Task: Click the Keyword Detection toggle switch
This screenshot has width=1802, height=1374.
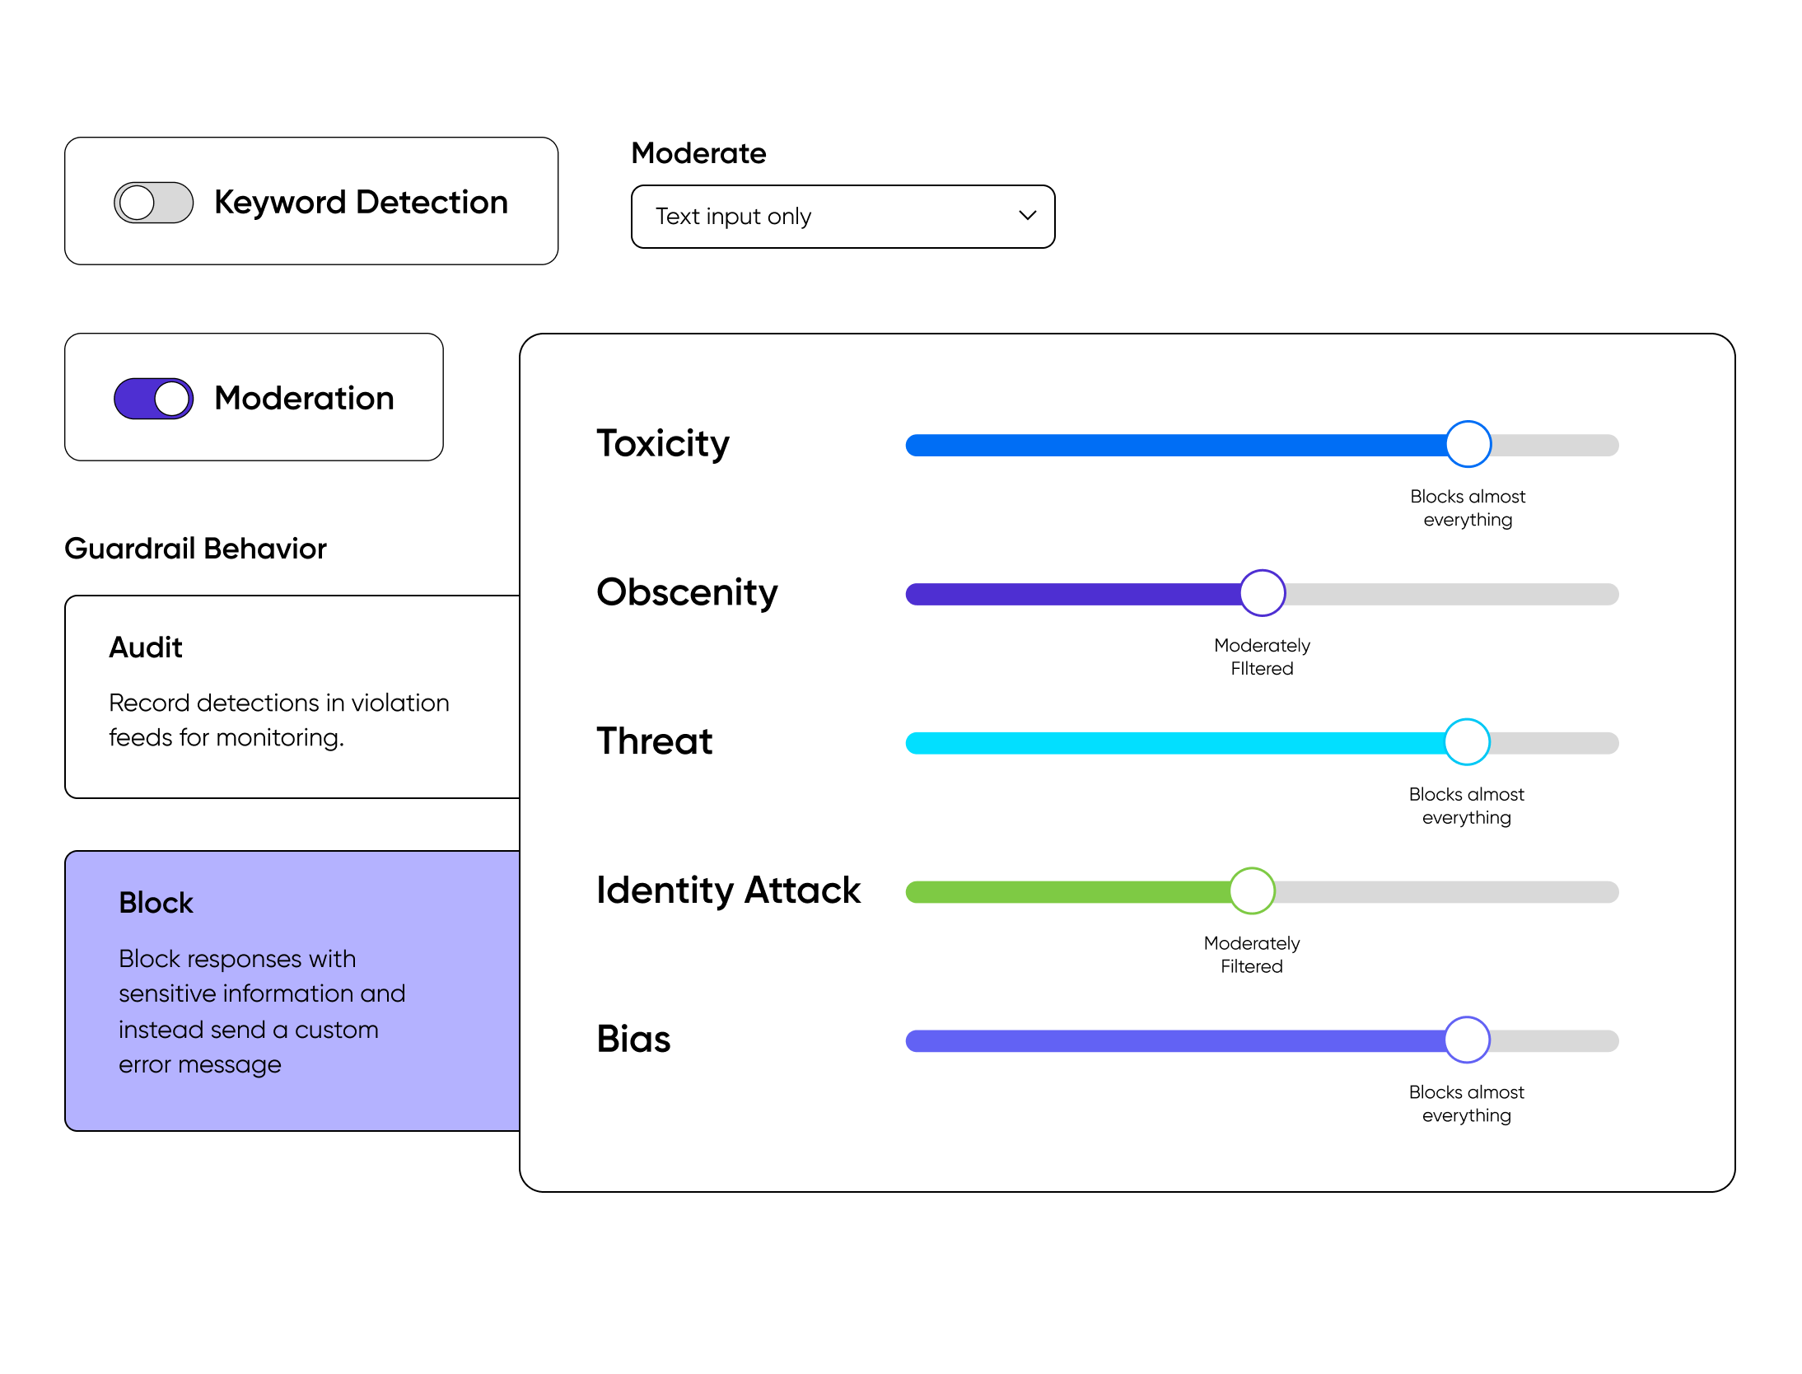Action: (x=154, y=203)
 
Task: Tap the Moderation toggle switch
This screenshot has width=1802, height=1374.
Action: (x=154, y=399)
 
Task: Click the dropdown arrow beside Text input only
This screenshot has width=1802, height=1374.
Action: (x=1027, y=216)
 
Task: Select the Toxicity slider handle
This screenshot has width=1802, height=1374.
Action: (x=1468, y=445)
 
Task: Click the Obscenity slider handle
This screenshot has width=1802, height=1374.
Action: (x=1263, y=593)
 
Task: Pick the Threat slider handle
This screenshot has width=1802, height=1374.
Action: (x=1467, y=742)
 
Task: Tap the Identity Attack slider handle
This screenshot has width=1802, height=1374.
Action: (x=1252, y=891)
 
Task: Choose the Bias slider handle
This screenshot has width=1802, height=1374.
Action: (x=1467, y=1040)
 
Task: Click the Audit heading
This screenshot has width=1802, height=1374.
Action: (x=146, y=647)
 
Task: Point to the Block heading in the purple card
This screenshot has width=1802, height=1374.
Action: (x=156, y=903)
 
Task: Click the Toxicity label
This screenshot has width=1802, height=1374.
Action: (x=663, y=444)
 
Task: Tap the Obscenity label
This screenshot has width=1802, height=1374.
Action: (x=687, y=593)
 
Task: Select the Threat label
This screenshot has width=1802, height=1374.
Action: (x=655, y=741)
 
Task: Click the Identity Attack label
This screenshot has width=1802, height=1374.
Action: (x=728, y=890)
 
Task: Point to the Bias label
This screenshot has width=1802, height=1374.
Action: (x=633, y=1040)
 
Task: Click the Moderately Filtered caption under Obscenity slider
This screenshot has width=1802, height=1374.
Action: (x=1262, y=657)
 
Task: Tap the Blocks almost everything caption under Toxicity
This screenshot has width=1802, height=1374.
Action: (x=1468, y=508)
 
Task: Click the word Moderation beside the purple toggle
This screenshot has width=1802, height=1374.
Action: (x=304, y=399)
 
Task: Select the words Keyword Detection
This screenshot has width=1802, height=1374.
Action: (x=361, y=203)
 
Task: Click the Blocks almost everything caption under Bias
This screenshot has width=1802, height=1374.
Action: (x=1467, y=1104)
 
